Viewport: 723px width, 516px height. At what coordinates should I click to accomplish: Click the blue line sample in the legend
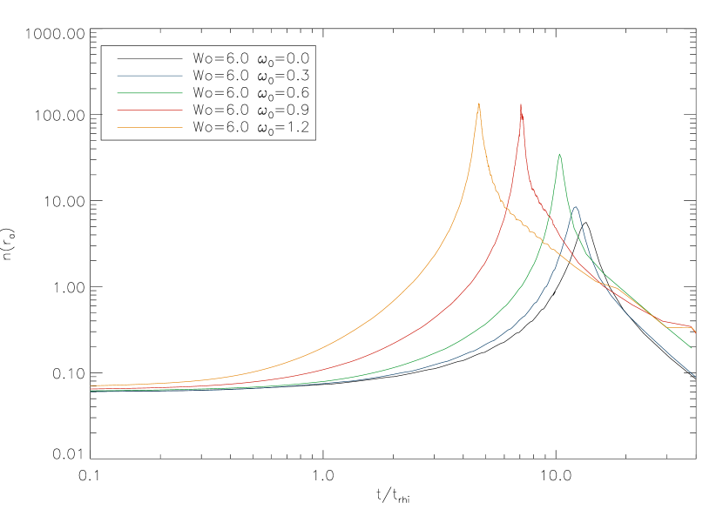click(x=150, y=76)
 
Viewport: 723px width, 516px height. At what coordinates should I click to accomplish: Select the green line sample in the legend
click(x=150, y=93)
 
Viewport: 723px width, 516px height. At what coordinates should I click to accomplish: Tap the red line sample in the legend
click(x=150, y=111)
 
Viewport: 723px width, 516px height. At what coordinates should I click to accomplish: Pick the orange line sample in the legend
click(x=150, y=128)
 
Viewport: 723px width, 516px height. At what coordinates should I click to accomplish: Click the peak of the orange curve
click(x=478, y=104)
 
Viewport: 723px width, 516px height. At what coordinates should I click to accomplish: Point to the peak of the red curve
click(x=521, y=104)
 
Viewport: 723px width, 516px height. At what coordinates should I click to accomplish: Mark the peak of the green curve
click(x=559, y=154)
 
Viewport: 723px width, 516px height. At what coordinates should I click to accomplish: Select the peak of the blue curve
click(x=575, y=207)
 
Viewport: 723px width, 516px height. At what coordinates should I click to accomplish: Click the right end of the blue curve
click(x=695, y=377)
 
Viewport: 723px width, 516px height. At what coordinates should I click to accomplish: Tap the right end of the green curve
click(x=692, y=348)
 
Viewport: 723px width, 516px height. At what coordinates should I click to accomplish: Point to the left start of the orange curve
click(x=91, y=385)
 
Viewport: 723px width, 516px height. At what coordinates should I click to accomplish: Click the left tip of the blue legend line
click(x=118, y=76)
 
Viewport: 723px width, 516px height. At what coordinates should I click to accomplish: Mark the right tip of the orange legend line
click(x=182, y=128)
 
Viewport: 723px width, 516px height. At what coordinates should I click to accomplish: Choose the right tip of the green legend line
click(x=182, y=93)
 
